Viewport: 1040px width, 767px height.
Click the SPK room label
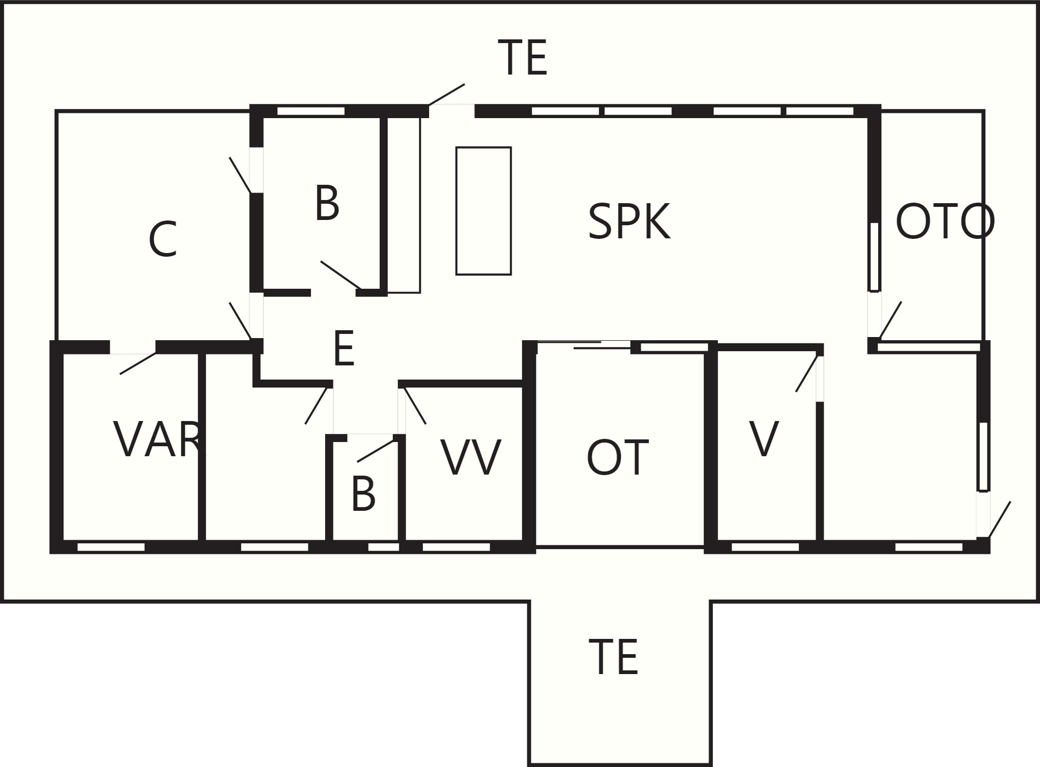(x=629, y=222)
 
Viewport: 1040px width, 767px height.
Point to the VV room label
(x=471, y=458)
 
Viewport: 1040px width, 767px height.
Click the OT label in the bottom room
(x=617, y=458)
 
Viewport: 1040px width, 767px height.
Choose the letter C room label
(x=163, y=239)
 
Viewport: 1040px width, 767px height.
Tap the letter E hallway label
(x=344, y=349)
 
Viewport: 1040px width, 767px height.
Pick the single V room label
(x=764, y=439)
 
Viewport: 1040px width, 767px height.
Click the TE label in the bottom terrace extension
(x=613, y=657)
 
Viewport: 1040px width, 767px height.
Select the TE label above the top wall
(x=522, y=58)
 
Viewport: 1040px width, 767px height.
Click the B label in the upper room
(x=327, y=203)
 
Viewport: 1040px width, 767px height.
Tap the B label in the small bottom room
(x=363, y=494)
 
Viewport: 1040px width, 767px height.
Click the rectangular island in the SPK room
(x=483, y=211)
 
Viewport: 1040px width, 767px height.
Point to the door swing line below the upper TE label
(x=446, y=94)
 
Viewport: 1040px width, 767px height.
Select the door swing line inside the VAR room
(x=138, y=363)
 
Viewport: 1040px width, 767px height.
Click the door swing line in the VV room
(x=415, y=405)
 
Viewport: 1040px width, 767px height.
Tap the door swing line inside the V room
(x=807, y=373)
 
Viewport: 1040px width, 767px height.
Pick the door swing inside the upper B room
(x=340, y=275)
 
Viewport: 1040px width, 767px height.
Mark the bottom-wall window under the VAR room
(x=111, y=547)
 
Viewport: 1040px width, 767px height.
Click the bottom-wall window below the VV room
(x=456, y=547)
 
